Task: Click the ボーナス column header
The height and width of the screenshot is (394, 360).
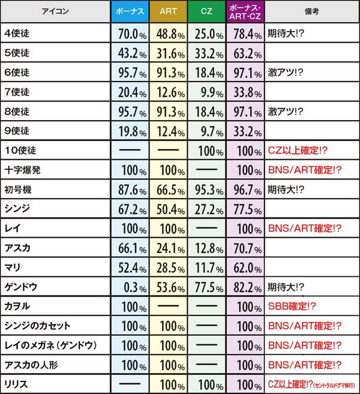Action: tap(130, 11)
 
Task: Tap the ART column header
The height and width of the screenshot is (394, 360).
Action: tap(168, 11)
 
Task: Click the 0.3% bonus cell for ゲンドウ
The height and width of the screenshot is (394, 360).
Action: tap(130, 286)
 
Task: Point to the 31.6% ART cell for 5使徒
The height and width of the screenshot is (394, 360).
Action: tap(168, 53)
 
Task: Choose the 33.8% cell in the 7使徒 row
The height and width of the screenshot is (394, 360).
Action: tap(245, 92)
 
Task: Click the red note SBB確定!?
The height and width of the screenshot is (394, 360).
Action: tap(292, 306)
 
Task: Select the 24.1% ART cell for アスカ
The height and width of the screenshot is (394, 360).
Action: tap(168, 248)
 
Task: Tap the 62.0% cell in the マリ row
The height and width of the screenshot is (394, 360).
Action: tap(245, 267)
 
